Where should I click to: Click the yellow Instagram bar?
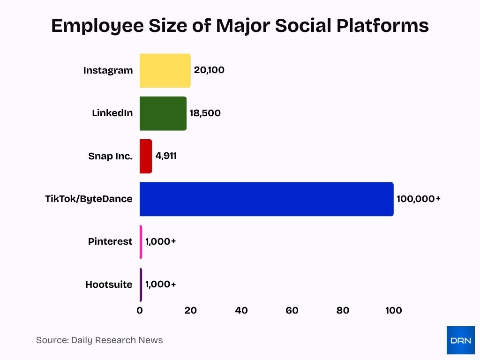click(x=165, y=71)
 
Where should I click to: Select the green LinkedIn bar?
click(x=163, y=113)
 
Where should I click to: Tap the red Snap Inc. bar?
click(x=146, y=156)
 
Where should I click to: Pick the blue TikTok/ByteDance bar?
click(x=266, y=199)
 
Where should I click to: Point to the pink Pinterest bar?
click(x=141, y=242)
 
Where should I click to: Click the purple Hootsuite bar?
click(x=141, y=285)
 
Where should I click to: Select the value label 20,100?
click(x=209, y=70)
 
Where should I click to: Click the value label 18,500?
click(x=205, y=113)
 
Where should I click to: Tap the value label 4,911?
click(x=166, y=156)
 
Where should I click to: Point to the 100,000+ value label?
click(x=419, y=199)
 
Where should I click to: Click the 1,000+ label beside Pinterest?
click(x=160, y=242)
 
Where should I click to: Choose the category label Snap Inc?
click(x=110, y=156)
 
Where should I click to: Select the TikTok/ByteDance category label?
click(x=89, y=199)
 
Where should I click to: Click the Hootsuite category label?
click(x=109, y=285)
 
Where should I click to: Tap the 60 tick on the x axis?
click(x=292, y=310)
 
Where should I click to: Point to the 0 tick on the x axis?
click(x=140, y=310)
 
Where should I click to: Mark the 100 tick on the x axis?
click(x=393, y=310)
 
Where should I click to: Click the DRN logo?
click(x=460, y=340)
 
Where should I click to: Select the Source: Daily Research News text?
click(x=99, y=340)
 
